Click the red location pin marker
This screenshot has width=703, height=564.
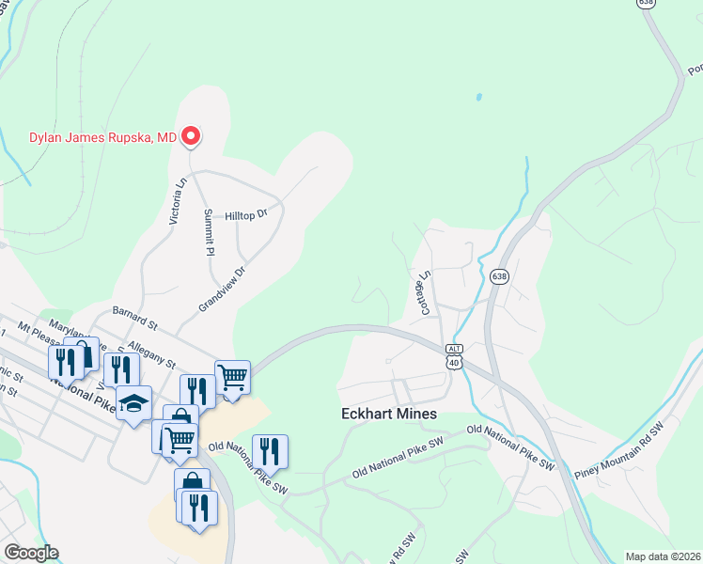(x=191, y=137)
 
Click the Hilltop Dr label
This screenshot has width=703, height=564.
(x=246, y=215)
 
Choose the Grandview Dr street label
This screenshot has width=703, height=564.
(x=221, y=290)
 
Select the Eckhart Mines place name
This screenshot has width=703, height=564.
(x=390, y=414)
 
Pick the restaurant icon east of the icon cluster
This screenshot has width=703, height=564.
(x=271, y=451)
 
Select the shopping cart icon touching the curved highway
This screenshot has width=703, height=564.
(x=232, y=377)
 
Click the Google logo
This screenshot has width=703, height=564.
(x=31, y=553)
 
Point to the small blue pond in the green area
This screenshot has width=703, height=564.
(x=478, y=97)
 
